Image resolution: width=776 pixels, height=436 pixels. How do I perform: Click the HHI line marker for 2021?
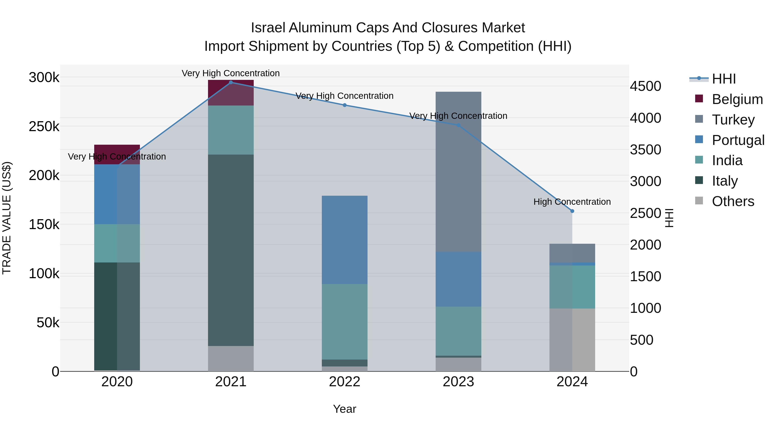pos(231,82)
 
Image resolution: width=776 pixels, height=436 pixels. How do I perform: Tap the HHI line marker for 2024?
pos(572,211)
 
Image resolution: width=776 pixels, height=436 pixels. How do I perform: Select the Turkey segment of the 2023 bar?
pos(458,172)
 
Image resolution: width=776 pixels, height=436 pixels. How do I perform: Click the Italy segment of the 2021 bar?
pos(231,250)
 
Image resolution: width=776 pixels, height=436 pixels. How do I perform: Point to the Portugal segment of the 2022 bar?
pos(345,240)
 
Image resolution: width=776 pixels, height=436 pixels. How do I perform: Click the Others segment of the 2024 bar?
pos(572,340)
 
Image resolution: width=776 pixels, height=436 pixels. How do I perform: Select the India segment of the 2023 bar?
pos(458,331)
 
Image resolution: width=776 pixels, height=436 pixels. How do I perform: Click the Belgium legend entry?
pos(737,99)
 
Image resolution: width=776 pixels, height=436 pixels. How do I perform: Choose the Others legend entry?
pos(733,201)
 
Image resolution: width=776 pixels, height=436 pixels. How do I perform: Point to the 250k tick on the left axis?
pos(44,127)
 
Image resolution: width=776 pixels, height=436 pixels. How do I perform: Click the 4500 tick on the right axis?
pos(645,86)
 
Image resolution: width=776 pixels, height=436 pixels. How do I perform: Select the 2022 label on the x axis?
pos(345,382)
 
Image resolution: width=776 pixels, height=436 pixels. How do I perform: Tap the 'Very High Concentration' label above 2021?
pos(231,73)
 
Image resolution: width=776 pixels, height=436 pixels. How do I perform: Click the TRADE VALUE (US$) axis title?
pos(7,218)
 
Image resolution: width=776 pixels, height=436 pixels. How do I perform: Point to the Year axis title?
pos(345,409)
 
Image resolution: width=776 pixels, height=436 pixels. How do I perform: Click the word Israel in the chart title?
pos(268,28)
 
